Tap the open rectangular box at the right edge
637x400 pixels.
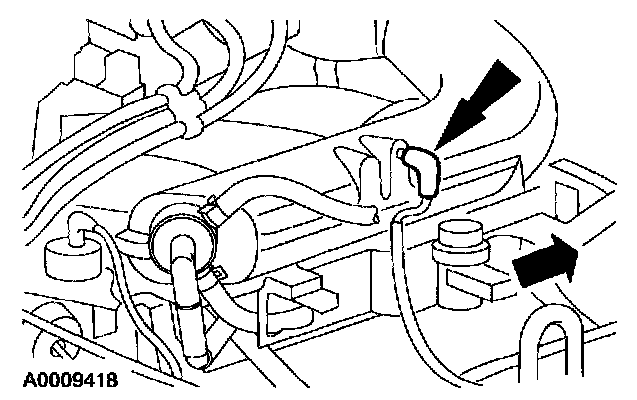(x=577, y=189)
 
